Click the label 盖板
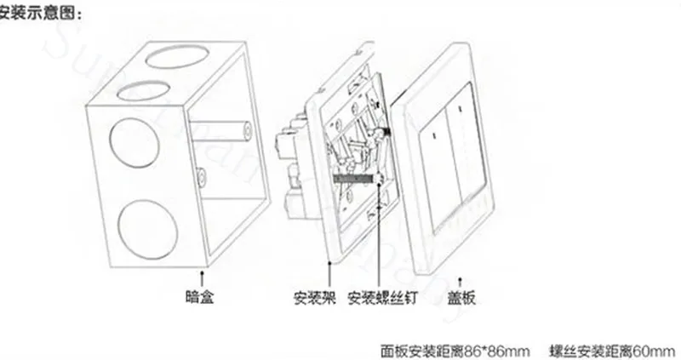pos(461,298)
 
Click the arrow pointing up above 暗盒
pos(202,277)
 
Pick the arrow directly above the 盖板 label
pos(461,279)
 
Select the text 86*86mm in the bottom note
pos(499,348)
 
